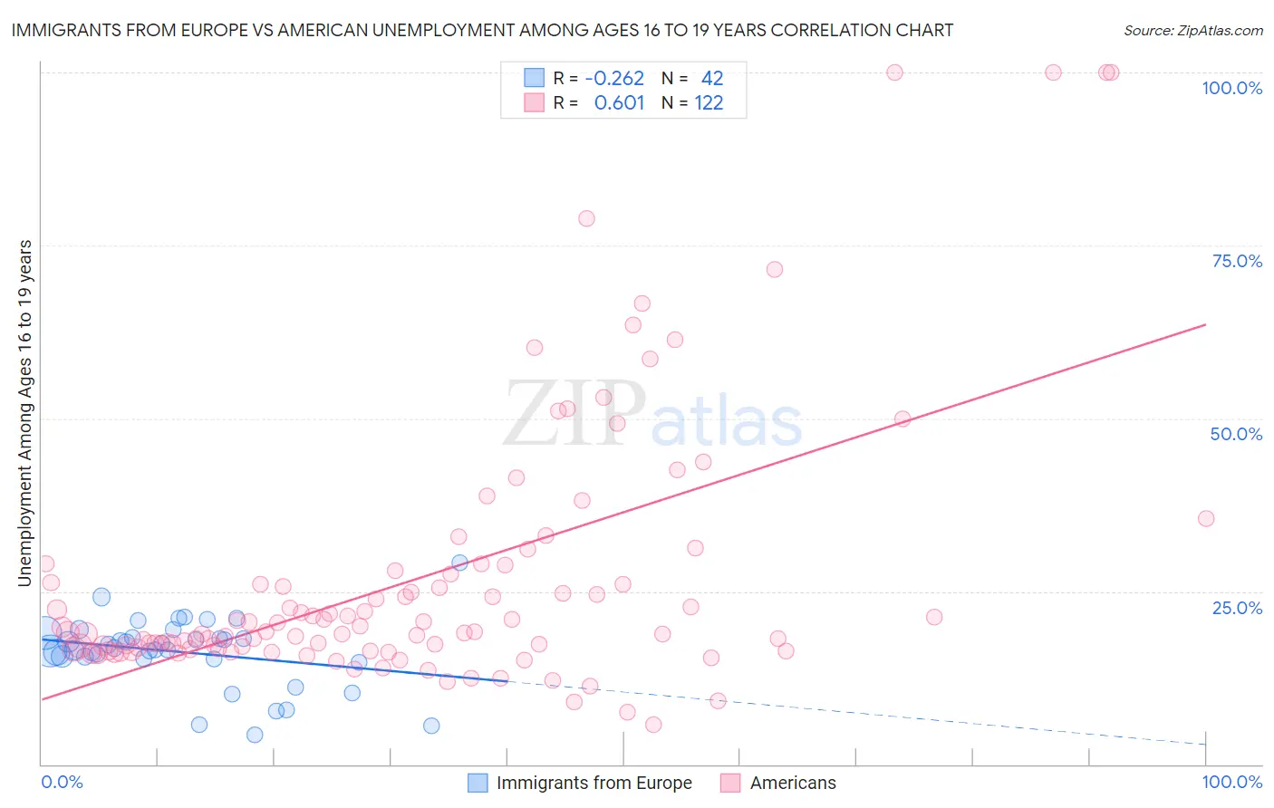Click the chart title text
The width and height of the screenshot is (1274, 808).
click(x=482, y=30)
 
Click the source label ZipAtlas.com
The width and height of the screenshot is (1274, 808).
click(x=1192, y=31)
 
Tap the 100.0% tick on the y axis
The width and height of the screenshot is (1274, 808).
click(x=1231, y=88)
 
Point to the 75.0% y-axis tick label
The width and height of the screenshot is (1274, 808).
click(x=1237, y=261)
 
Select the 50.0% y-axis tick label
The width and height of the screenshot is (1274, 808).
click(x=1236, y=434)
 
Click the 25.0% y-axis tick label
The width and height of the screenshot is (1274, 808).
click(x=1237, y=608)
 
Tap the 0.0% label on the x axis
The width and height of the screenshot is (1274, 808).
click(x=62, y=782)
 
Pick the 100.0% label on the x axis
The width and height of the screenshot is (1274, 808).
click(x=1231, y=782)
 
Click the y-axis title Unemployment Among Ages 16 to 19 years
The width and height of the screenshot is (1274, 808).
click(x=25, y=413)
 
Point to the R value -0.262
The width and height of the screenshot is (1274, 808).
click(x=614, y=79)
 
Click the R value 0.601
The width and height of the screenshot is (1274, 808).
click(x=619, y=103)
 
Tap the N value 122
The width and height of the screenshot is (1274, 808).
click(x=709, y=103)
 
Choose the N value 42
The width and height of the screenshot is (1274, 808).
click(x=712, y=79)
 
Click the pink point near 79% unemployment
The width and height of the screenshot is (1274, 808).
click(x=586, y=218)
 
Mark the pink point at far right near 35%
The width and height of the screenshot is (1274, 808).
click(x=1205, y=518)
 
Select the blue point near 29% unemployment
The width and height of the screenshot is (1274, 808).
click(x=459, y=563)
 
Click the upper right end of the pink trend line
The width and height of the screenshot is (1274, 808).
click(x=1205, y=324)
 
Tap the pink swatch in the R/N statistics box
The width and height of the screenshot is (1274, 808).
click(x=535, y=102)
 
